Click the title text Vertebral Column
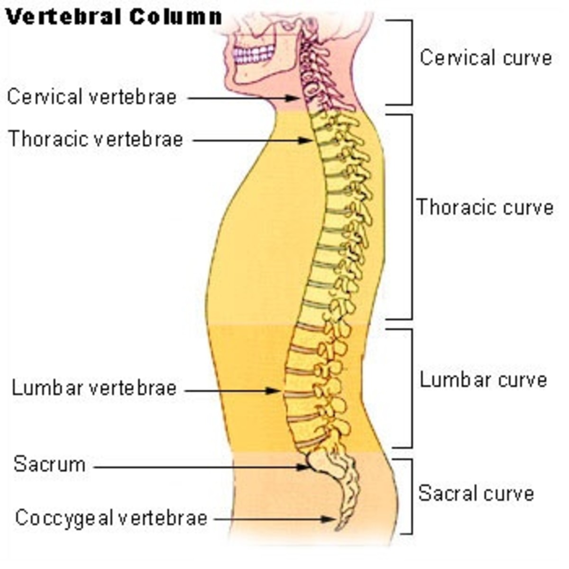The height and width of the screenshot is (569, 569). tap(113, 17)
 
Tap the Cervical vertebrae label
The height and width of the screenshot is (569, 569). tap(92, 97)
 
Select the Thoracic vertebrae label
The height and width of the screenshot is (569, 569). tap(95, 139)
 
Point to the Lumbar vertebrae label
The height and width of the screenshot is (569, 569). tap(94, 388)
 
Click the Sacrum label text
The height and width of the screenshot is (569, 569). tap(49, 464)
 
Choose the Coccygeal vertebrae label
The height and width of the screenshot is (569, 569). tap(111, 518)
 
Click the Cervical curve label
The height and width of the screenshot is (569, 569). tap(486, 58)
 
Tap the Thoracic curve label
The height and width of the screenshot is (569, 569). tap(485, 207)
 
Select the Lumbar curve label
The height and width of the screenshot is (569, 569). tap(483, 380)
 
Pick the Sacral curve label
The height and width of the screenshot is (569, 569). tap(476, 494)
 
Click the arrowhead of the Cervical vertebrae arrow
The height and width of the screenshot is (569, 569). tap(294, 98)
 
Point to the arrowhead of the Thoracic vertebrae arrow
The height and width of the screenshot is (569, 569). tap(307, 141)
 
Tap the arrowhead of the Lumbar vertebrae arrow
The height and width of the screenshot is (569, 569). tap(275, 391)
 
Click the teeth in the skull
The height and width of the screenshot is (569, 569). tap(254, 54)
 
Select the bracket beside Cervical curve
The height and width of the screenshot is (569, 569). tap(411, 62)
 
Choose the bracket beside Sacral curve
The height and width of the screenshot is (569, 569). tap(411, 496)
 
